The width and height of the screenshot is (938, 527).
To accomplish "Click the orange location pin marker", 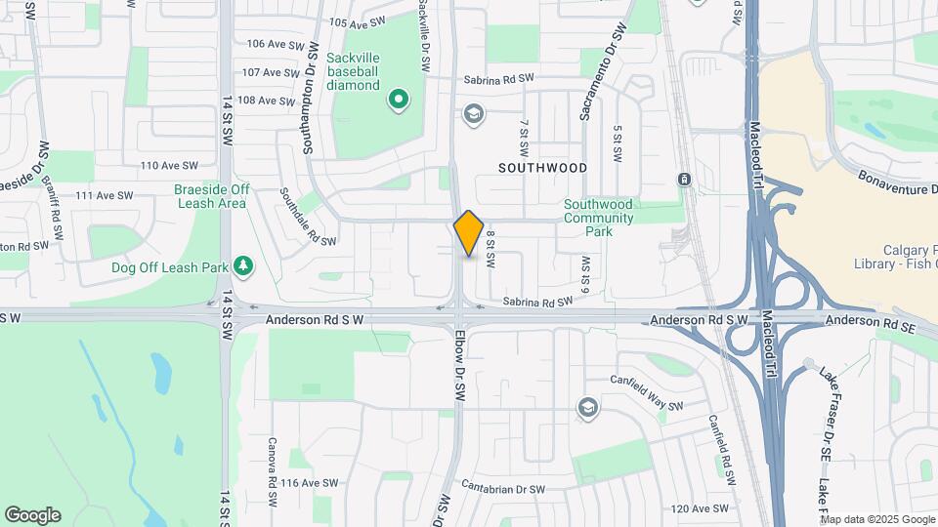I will click(x=469, y=232).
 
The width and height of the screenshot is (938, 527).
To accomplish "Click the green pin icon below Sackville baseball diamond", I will click(x=399, y=99).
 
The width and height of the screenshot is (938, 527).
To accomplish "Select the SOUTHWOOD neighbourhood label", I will click(x=542, y=168).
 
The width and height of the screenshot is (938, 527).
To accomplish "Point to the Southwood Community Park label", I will click(x=598, y=218).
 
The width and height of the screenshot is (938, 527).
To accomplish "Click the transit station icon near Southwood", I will click(x=684, y=180).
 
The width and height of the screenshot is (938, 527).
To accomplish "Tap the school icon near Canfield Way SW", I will click(x=587, y=407).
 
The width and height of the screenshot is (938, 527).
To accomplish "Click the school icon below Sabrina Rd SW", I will click(x=474, y=115).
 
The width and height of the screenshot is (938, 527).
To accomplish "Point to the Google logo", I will click(x=32, y=515).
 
